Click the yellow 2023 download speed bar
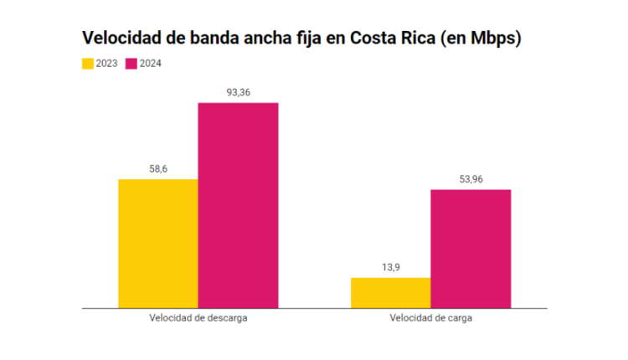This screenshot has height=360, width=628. [x=158, y=244]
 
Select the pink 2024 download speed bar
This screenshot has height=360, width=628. [x=238, y=205]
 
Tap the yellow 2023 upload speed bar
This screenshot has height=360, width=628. [x=390, y=292]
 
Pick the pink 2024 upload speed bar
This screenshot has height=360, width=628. [x=471, y=249]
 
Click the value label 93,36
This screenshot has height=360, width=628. [x=238, y=92]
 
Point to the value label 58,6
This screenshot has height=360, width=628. [x=158, y=169]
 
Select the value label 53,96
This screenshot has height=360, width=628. [x=471, y=179]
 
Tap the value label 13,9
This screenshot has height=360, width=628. [x=390, y=267]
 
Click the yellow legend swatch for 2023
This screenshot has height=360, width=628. [x=87, y=64]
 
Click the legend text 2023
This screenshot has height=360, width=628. [x=107, y=64]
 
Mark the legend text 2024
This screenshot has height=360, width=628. [x=151, y=64]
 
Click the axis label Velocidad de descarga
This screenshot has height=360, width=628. [x=198, y=318]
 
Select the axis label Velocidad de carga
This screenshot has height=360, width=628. [x=430, y=318]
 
